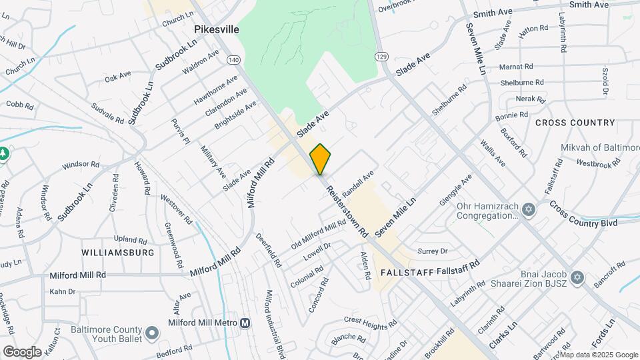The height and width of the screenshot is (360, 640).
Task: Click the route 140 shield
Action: [x=233, y=60]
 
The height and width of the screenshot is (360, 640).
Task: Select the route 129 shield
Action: [x=381, y=56]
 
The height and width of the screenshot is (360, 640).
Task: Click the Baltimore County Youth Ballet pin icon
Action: [x=153, y=332]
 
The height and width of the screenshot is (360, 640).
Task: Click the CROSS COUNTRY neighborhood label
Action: [x=575, y=123]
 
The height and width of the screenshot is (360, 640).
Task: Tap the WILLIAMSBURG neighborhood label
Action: [x=118, y=253]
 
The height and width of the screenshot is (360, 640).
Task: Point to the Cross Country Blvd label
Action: [x=583, y=214]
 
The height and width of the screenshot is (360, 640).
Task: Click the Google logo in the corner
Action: [x=22, y=351]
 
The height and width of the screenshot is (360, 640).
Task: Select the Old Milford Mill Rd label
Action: [x=318, y=236]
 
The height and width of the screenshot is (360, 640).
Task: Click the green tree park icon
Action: [x=3, y=154]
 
